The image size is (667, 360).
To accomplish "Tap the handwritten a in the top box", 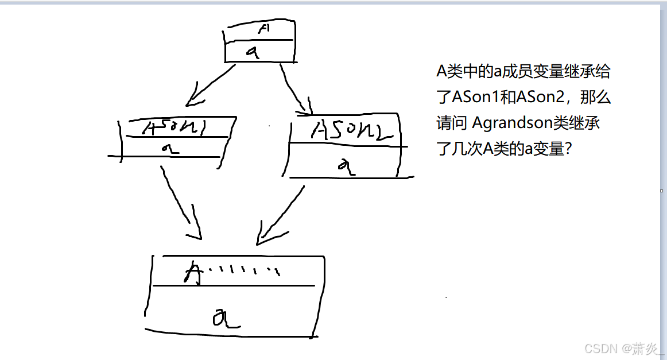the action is coord(253,52).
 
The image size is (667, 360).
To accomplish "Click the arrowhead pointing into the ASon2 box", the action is coord(305,107).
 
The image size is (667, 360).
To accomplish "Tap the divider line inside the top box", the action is coord(258,40).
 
